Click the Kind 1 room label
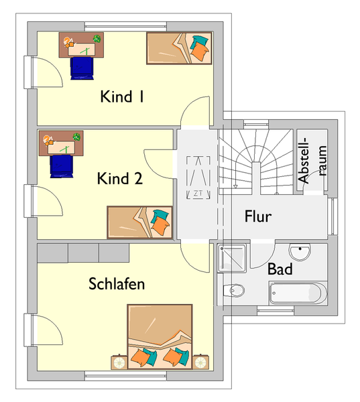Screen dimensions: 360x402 [122, 96]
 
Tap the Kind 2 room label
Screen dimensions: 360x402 [119, 178]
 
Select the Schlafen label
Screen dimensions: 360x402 [117, 283]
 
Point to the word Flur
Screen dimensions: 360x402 [258, 216]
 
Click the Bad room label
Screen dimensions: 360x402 [280, 269]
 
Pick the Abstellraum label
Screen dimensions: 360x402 [312, 161]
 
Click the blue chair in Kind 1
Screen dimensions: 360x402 [82, 68]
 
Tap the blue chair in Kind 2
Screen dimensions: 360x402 [62, 166]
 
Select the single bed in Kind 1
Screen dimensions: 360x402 [179, 48]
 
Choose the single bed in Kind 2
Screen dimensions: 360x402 [139, 222]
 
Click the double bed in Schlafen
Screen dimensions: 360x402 [160, 337]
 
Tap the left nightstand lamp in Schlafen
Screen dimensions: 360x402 [119, 362]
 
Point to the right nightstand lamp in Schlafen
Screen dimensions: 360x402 [200, 362]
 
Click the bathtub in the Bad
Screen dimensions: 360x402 [298, 293]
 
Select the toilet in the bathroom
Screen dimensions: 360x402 [233, 291]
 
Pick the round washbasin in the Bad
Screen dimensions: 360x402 [300, 251]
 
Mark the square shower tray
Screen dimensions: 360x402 [232, 258]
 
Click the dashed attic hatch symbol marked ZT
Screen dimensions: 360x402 [198, 178]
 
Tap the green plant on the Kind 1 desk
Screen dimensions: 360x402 [97, 39]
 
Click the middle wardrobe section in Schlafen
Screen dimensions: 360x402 [83, 253]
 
